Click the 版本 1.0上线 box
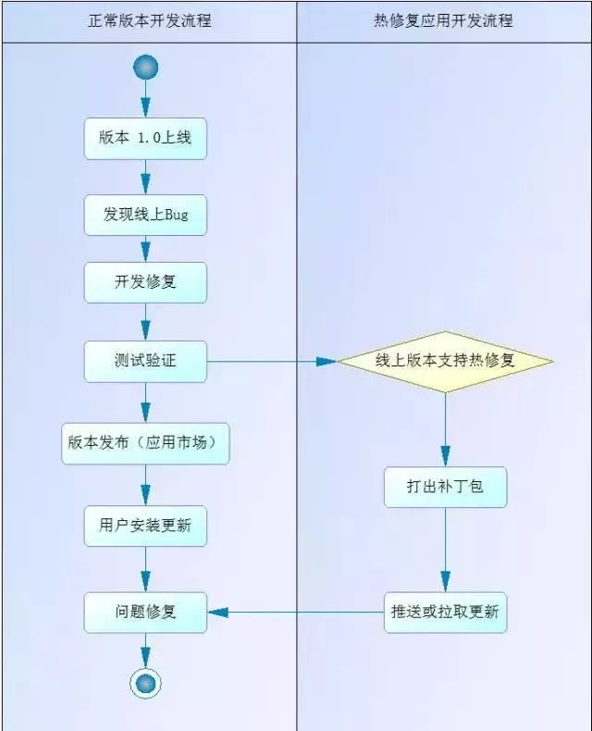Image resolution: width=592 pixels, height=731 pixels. pyautogui.click(x=145, y=138)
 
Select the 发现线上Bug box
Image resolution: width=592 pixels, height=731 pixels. pyautogui.click(x=145, y=216)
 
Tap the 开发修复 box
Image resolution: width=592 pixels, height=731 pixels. pyautogui.click(x=145, y=282)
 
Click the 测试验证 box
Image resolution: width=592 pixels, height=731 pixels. pyautogui.click(x=145, y=361)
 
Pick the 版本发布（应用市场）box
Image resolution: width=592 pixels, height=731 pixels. pyautogui.click(x=145, y=443)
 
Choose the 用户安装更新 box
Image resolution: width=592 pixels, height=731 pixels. pyautogui.click(x=145, y=526)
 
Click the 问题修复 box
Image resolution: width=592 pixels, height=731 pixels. pyautogui.click(x=145, y=612)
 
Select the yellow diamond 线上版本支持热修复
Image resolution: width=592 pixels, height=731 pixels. pyautogui.click(x=445, y=361)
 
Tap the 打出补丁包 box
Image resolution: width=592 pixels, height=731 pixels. pyautogui.click(x=445, y=487)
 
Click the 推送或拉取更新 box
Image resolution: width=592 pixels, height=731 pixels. pyautogui.click(x=445, y=612)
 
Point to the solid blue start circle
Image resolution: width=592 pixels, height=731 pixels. pyautogui.click(x=145, y=67)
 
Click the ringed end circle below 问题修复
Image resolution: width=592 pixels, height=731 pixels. pyautogui.click(x=145, y=683)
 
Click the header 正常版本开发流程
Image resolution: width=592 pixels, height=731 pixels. pyautogui.click(x=148, y=19)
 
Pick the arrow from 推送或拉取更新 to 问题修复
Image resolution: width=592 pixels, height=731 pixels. pyautogui.click(x=296, y=612)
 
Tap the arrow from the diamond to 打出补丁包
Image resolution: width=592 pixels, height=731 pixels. pyautogui.click(x=445, y=429)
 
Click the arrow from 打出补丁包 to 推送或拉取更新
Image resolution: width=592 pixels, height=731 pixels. pyautogui.click(x=445, y=550)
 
